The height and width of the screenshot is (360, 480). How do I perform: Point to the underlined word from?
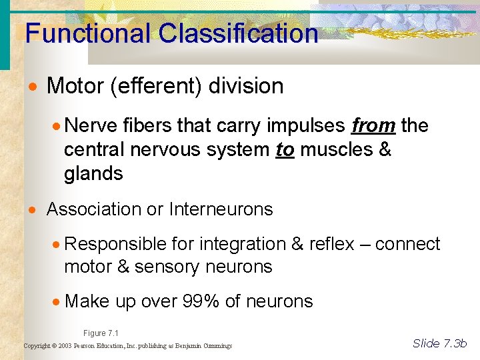click(373, 126)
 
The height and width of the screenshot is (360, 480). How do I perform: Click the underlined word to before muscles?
click(285, 150)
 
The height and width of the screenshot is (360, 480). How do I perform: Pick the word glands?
click(93, 175)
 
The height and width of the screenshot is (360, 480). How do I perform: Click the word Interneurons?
click(221, 209)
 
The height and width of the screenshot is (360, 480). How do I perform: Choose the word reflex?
click(331, 245)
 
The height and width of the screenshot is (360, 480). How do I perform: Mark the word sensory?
click(169, 267)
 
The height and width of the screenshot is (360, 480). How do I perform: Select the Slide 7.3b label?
click(440, 343)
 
